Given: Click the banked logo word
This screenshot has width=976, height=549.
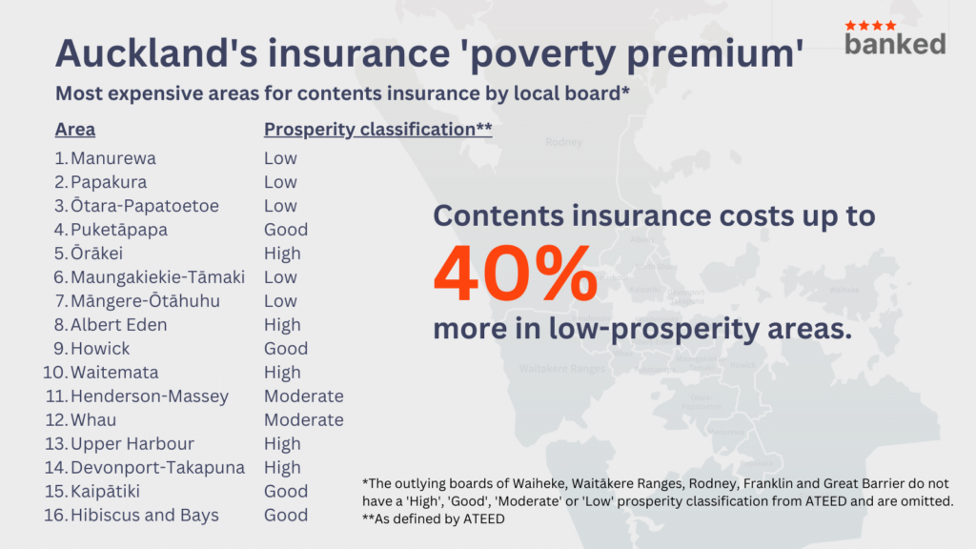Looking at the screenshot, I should pyautogui.click(x=895, y=43).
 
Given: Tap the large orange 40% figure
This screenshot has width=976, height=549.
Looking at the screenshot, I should pyautogui.click(x=515, y=274).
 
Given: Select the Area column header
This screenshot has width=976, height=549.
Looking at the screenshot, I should pyautogui.click(x=75, y=130).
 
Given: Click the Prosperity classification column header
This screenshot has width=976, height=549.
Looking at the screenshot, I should pyautogui.click(x=377, y=130).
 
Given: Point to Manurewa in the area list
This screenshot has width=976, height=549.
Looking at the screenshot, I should pyautogui.click(x=113, y=158).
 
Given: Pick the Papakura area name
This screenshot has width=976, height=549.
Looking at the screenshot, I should pyautogui.click(x=109, y=182).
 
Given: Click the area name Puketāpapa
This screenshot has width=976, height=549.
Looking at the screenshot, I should pyautogui.click(x=119, y=230).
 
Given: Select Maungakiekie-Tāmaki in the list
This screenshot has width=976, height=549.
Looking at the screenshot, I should pyautogui.click(x=157, y=277).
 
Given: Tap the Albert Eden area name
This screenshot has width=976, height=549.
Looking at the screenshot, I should pyautogui.click(x=119, y=325).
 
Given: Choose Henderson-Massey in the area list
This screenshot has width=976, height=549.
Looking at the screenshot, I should pyautogui.click(x=150, y=396).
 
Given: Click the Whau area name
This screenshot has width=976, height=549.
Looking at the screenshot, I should pyautogui.click(x=92, y=420).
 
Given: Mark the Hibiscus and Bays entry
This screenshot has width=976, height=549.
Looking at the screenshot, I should pyautogui.click(x=145, y=516).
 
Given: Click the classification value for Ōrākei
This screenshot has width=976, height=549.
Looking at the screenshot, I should pyautogui.click(x=282, y=254).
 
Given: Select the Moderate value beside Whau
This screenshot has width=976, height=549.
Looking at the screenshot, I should pyautogui.click(x=303, y=420).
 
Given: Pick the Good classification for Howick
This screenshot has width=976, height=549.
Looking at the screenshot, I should pyautogui.click(x=286, y=349).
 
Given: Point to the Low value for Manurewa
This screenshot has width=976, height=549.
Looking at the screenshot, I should pyautogui.click(x=280, y=158).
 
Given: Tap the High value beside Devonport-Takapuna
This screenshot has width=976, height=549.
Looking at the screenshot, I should pyautogui.click(x=282, y=468).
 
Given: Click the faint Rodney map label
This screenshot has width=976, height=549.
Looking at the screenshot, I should pyautogui.click(x=563, y=143).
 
